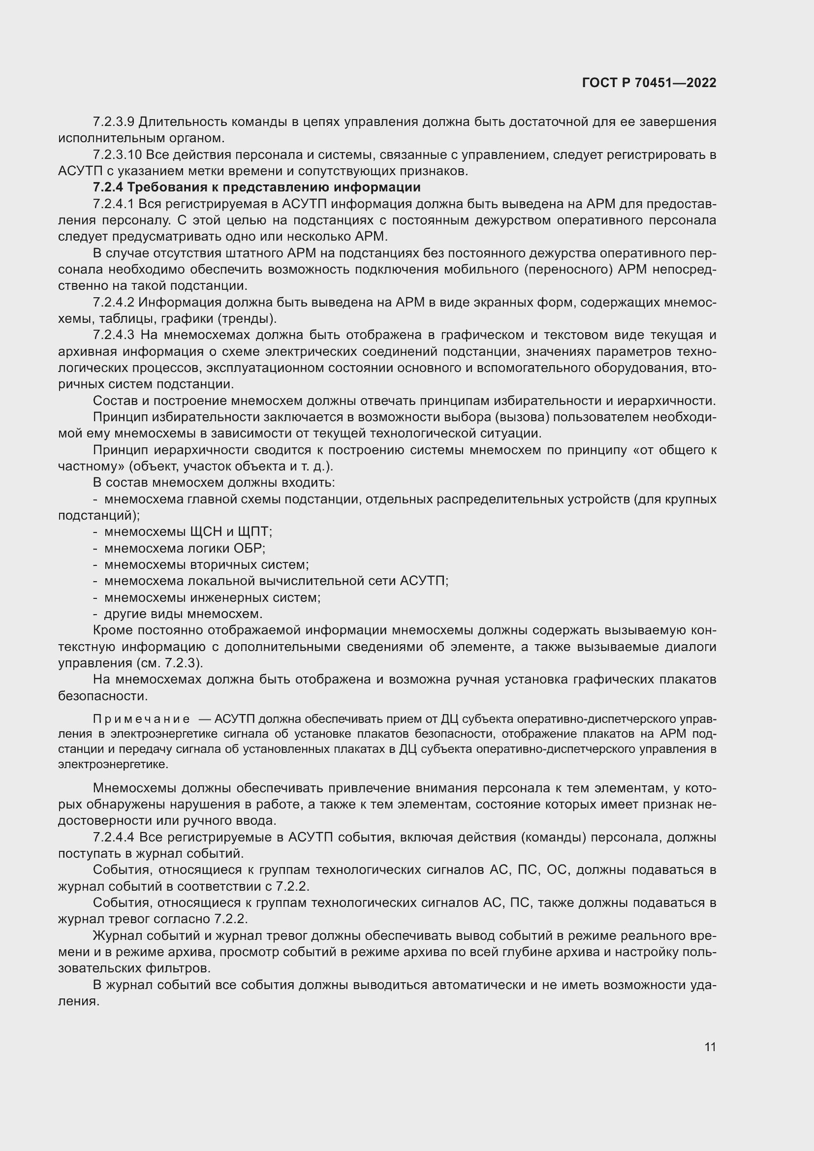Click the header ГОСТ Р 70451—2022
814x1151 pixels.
[x=649, y=83]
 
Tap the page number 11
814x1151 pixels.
[x=710, y=1047]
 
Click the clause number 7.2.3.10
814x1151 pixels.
[x=117, y=155]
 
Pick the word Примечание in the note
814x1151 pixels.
[x=141, y=719]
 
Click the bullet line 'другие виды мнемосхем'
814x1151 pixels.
[x=183, y=614]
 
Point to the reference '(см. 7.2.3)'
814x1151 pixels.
[x=169, y=663]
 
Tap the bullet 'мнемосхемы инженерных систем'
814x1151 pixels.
[x=212, y=597]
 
